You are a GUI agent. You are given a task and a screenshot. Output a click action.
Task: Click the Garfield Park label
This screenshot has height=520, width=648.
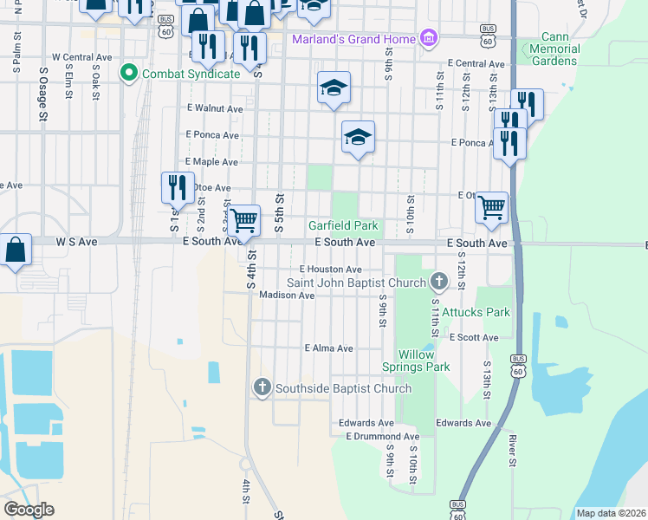click(343, 226)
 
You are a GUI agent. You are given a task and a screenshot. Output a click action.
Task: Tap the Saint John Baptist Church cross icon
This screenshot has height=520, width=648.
click(439, 281)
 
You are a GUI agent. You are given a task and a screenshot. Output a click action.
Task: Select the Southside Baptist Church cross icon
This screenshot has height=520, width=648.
click(262, 387)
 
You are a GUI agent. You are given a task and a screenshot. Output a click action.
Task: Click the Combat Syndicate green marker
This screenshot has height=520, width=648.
click(130, 73)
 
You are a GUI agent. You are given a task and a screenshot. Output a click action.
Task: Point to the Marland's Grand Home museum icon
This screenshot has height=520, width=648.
click(427, 38)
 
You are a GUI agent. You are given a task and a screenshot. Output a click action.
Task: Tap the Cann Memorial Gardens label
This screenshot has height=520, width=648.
click(554, 49)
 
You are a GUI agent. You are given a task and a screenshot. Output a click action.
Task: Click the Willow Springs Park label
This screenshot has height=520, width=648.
click(424, 361)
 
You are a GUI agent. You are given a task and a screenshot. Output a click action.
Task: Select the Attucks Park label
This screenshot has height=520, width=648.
click(476, 312)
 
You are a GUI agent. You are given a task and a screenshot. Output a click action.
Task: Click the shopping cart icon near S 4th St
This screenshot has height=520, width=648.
click(244, 219)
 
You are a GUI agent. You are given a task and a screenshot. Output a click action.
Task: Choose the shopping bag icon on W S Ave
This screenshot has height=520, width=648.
click(16, 249)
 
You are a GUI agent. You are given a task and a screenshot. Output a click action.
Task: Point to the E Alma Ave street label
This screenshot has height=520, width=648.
click(328, 348)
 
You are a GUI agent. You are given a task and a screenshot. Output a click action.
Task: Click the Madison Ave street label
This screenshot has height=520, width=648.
click(287, 296)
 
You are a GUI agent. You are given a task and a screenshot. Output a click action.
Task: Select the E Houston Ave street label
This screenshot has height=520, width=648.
click(330, 270)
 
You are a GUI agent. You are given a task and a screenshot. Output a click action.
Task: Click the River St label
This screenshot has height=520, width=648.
click(512, 469)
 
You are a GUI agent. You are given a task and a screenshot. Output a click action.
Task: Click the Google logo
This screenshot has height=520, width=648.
click(29, 510)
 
